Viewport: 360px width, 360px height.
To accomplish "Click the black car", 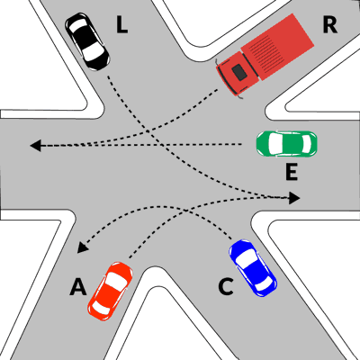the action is (87, 41).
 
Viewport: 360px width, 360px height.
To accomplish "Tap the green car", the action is (286, 143).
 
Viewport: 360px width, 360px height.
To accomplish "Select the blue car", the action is (253, 268).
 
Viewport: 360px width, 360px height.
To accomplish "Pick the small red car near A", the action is (110, 292).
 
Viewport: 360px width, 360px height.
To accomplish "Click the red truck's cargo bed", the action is (277, 47).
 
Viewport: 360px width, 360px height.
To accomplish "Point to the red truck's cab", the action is (237, 73).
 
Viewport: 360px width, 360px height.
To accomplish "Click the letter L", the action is (121, 25).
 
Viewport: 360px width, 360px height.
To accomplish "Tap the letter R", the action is (329, 25).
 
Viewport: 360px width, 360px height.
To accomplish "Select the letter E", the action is (292, 173).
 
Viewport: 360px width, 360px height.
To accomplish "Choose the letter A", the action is (78, 287).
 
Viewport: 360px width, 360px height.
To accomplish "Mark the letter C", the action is (226, 287).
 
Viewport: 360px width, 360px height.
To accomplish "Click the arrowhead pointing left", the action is (35, 146).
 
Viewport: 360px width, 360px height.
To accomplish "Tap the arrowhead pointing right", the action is (294, 198).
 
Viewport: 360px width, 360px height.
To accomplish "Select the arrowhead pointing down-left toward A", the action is (82, 247).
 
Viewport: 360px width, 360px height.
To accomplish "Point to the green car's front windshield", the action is (275, 143).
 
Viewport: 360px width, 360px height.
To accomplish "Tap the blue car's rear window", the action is (265, 283).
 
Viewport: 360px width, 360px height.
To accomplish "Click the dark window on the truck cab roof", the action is (239, 72).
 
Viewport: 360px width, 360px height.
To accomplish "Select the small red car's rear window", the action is (100, 307).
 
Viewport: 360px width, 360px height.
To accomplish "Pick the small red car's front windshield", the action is (115, 281).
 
